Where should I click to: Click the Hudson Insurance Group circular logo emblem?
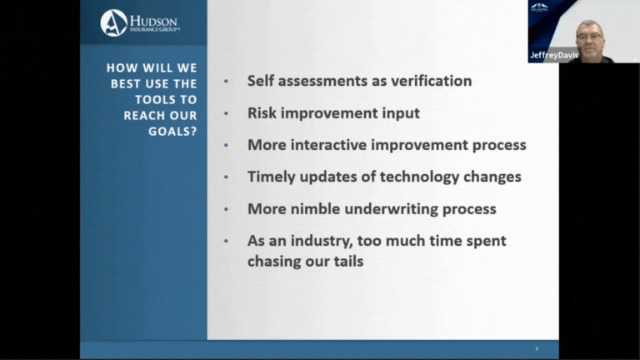[114, 22]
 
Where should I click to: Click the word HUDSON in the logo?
[153, 21]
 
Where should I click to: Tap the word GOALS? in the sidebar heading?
[172, 132]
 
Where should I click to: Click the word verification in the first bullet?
[432, 81]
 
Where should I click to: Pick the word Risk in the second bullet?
[262, 113]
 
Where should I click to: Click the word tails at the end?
[348, 261]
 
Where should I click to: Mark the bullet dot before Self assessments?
[226, 82]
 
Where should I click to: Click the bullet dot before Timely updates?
[226, 177]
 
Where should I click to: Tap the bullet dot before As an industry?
[226, 242]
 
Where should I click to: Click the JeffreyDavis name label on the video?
[554, 55]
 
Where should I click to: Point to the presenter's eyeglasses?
[589, 37]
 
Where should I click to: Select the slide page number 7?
[537, 349]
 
